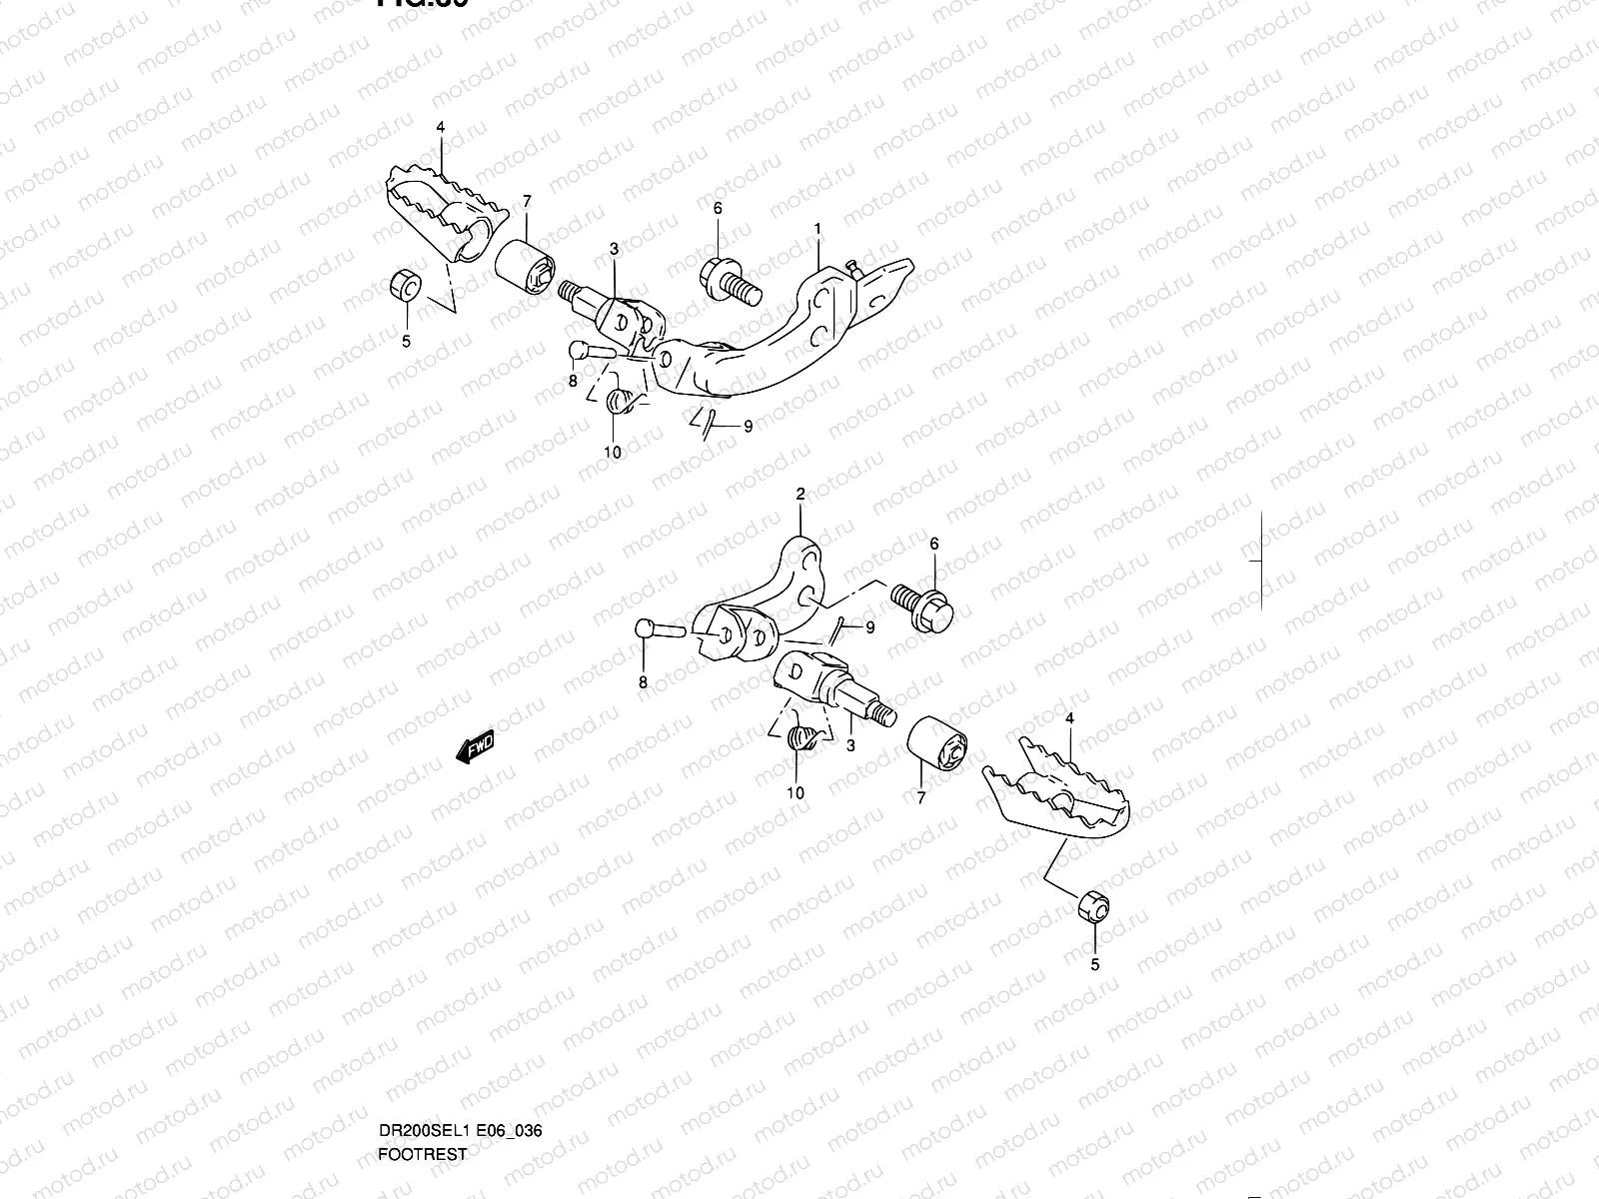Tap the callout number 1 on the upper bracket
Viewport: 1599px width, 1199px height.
[817, 229]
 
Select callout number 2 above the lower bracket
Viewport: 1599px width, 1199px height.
[799, 494]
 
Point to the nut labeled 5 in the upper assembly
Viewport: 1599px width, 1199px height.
[404, 286]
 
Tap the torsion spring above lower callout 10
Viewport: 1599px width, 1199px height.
[802, 740]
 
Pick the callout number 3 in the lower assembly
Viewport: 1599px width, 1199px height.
[850, 744]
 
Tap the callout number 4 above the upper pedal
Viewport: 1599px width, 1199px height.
[440, 127]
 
